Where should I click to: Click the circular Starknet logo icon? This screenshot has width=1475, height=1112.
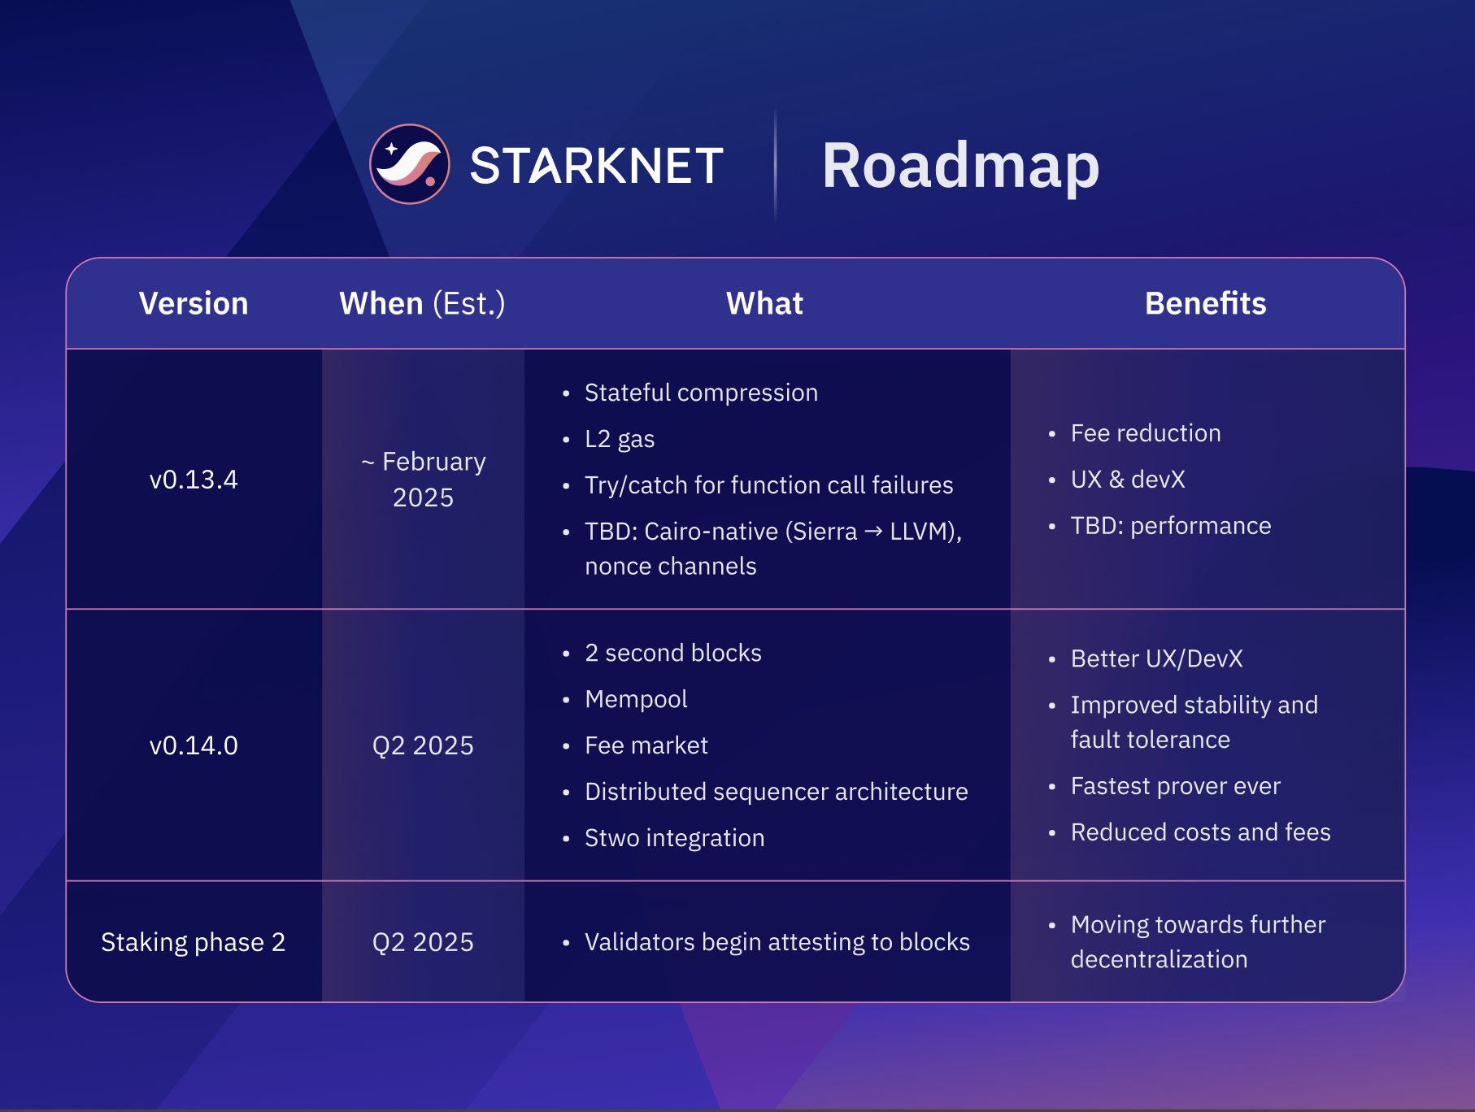(409, 164)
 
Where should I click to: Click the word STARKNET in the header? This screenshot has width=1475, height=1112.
(596, 166)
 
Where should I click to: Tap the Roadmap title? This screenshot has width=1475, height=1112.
(960, 166)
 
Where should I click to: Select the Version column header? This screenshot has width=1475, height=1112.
(194, 303)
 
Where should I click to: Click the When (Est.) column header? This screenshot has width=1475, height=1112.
(422, 303)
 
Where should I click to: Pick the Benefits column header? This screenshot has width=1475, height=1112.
(1205, 303)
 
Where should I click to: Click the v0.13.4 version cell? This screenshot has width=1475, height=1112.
(194, 480)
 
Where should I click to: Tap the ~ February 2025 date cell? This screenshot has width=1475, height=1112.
(423, 480)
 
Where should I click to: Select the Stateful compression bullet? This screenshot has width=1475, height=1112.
(700, 393)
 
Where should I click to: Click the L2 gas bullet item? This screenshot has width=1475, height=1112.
(619, 439)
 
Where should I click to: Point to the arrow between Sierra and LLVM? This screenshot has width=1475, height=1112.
(873, 532)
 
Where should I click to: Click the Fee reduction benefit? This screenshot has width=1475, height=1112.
(1145, 433)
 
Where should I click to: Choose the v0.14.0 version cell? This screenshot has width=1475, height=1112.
(194, 745)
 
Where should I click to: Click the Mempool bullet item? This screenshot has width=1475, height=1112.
(636, 699)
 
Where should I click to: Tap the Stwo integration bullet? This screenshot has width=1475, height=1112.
(674, 838)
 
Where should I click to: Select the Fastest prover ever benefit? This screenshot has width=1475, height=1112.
(1175, 786)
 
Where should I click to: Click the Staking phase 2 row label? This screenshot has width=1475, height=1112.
(194, 942)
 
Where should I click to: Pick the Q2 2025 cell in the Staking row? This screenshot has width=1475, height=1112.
(423, 942)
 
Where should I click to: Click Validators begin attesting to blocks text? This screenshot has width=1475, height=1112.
(777, 942)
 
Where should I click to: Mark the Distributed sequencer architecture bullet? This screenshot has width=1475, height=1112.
(776, 792)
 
